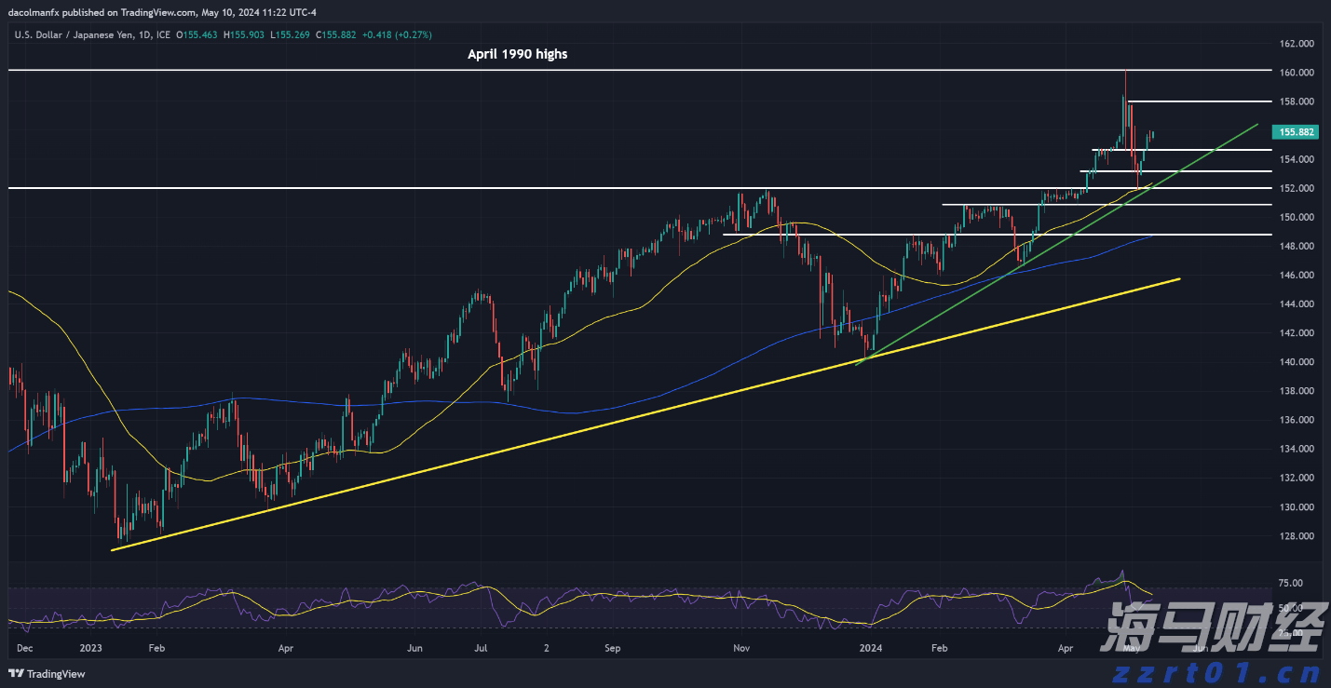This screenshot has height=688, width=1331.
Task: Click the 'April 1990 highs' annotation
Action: click(x=517, y=54)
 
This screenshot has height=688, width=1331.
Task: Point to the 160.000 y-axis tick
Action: click(x=1296, y=73)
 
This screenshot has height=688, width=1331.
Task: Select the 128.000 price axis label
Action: click(x=1296, y=536)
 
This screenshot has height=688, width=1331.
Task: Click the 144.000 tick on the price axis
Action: click(x=1296, y=304)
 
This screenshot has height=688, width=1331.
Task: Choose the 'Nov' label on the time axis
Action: click(x=741, y=647)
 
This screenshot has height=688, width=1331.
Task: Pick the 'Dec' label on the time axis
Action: click(x=25, y=647)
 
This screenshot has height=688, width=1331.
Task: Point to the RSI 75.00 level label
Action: click(x=1290, y=584)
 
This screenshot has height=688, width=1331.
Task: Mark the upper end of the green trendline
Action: click(x=1257, y=124)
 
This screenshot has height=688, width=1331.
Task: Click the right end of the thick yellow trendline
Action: click(x=1179, y=278)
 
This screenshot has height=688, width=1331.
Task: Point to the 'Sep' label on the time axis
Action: click(x=612, y=647)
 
